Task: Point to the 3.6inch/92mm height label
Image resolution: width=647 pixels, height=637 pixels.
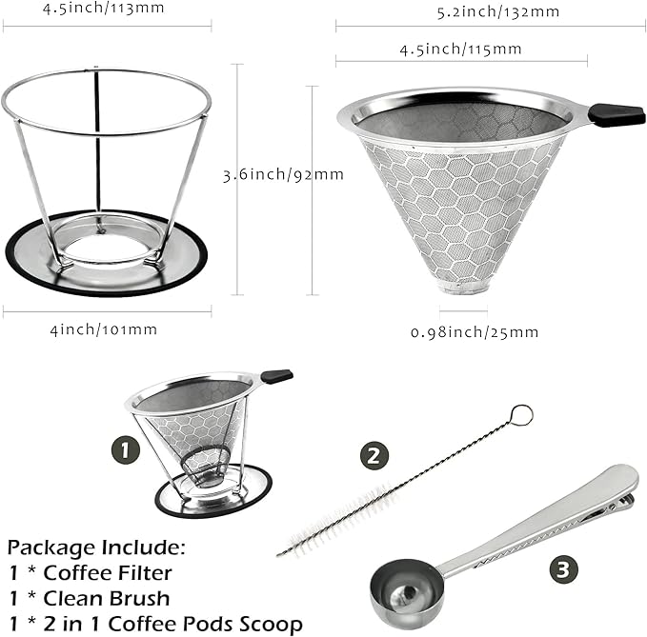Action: click(270, 174)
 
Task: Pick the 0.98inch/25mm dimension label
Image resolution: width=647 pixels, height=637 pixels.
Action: click(475, 331)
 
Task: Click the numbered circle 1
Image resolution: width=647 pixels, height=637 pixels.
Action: click(125, 448)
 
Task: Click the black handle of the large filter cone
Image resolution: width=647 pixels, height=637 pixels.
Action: click(616, 114)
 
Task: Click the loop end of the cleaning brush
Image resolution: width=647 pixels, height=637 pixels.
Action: click(520, 415)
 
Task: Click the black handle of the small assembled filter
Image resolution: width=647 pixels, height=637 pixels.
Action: click(276, 377)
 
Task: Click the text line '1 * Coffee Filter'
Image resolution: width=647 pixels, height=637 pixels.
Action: click(91, 573)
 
